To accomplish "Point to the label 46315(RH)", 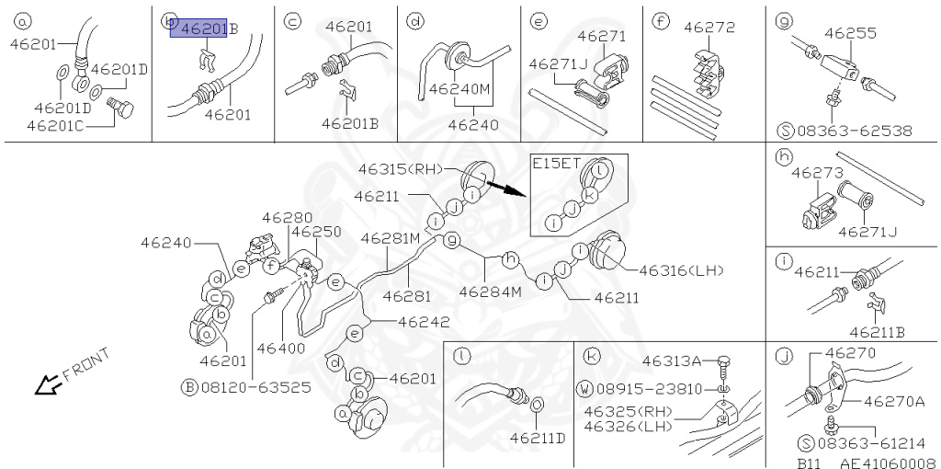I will (402, 169).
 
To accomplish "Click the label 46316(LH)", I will (682, 269).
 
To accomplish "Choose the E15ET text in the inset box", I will (557, 164).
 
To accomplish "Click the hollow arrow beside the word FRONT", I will (44, 387).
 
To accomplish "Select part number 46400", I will (280, 349).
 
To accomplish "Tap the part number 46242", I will (424, 322).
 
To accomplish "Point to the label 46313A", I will (672, 360).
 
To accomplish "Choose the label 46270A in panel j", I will (894, 401).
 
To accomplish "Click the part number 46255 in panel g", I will (850, 33).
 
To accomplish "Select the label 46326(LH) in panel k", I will (632, 426).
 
